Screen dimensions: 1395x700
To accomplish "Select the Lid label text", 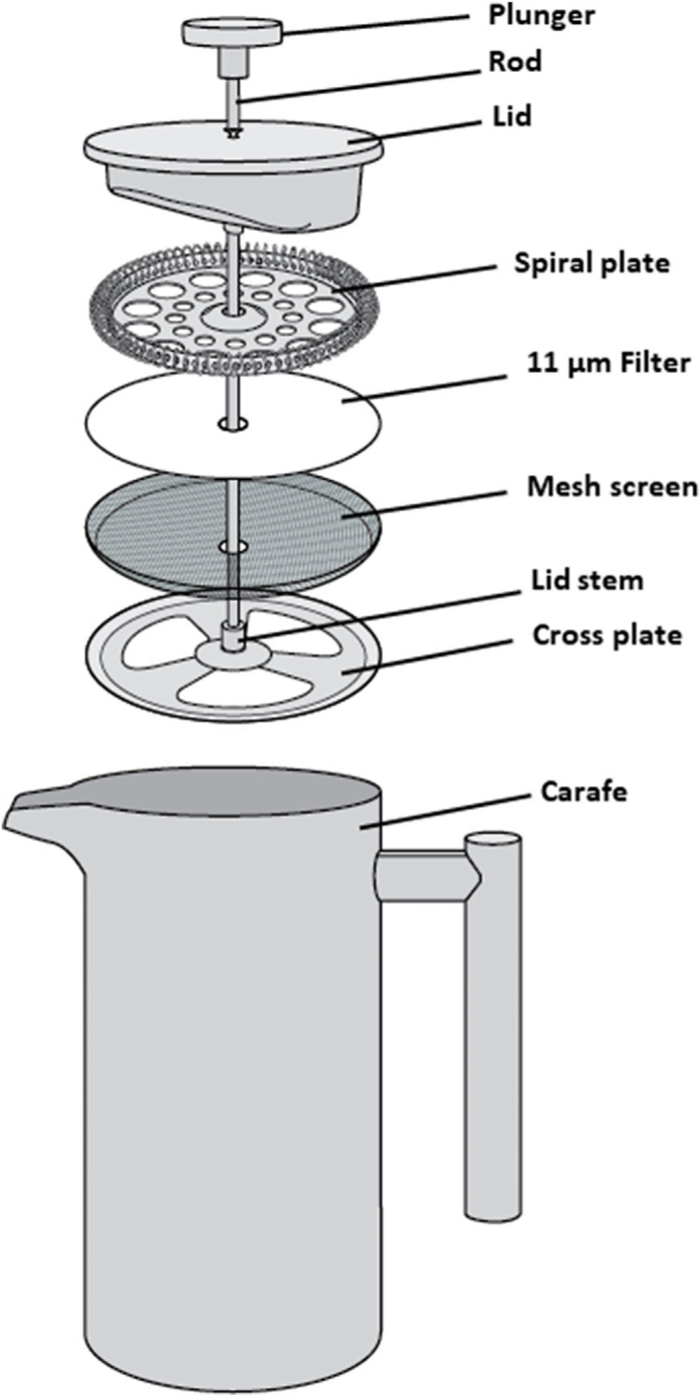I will coord(512,116).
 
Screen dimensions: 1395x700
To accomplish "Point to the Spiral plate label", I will coord(592,263).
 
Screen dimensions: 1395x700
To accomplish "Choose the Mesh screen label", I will coord(612,487).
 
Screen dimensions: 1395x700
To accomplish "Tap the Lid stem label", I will coord(587,580).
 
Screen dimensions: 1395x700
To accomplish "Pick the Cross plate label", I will coord(606,635).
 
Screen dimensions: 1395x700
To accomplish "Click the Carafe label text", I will coord(583,792).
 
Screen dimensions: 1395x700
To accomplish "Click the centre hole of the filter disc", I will coord(233,424).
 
